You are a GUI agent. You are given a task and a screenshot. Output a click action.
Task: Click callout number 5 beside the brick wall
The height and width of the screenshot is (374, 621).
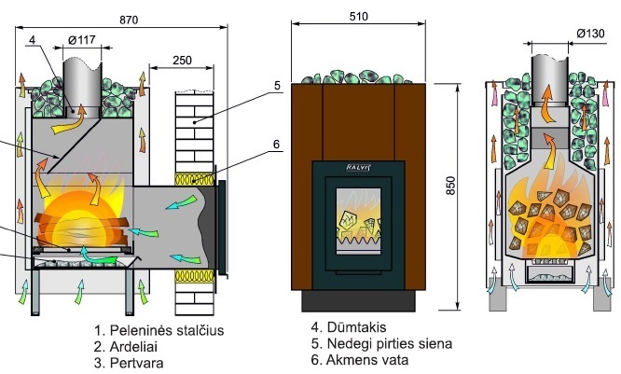tap(277, 87)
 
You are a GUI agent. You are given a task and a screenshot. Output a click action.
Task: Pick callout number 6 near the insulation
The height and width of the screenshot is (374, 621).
tap(277, 145)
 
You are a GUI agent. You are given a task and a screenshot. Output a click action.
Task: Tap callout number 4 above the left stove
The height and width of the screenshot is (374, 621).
tap(34, 40)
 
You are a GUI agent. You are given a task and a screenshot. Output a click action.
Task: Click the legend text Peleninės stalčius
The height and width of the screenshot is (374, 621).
tap(159, 330)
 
